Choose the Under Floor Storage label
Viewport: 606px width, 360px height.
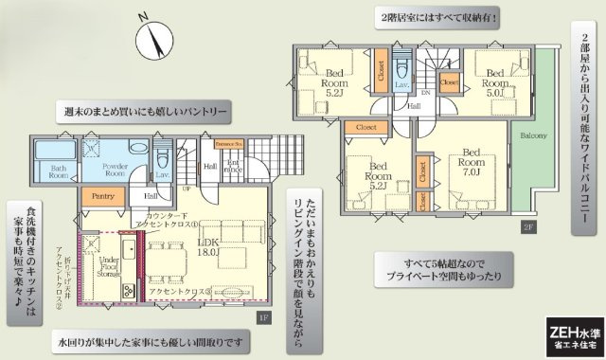point(108,266)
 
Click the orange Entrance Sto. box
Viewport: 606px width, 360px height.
point(229,144)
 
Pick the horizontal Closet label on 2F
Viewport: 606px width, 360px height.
point(365,126)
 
